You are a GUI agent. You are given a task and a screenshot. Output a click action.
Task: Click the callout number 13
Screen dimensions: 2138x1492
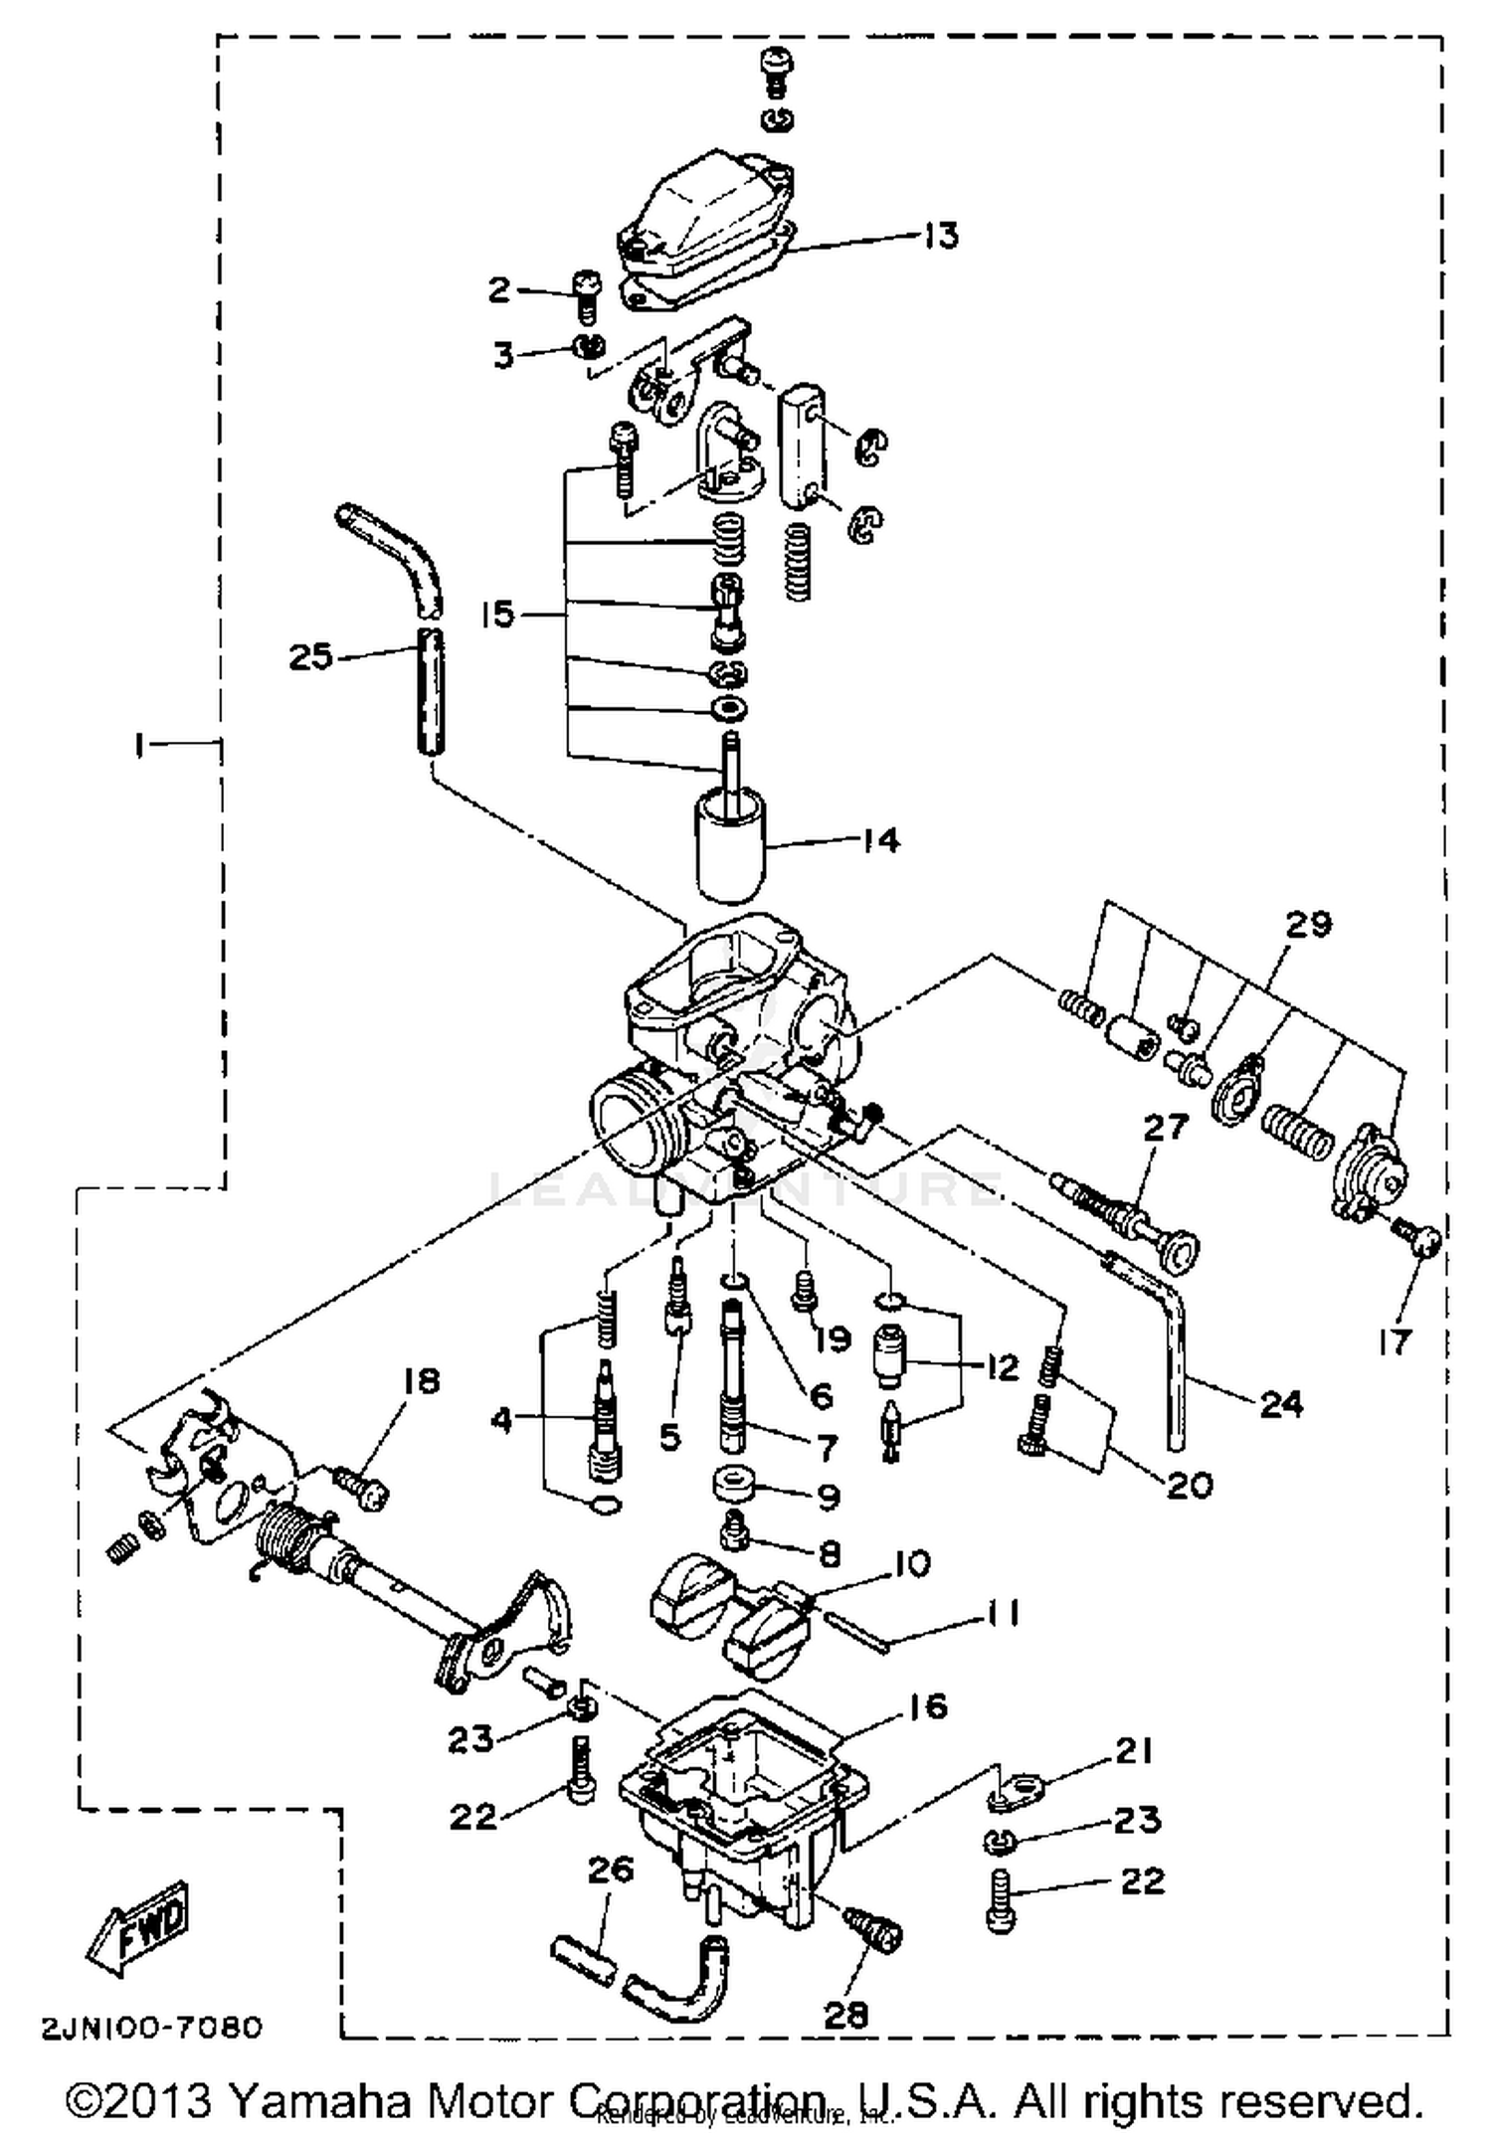[940, 236]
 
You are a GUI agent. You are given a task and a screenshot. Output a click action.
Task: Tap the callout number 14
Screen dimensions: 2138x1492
[881, 840]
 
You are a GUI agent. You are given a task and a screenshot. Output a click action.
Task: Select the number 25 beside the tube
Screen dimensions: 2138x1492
[310, 656]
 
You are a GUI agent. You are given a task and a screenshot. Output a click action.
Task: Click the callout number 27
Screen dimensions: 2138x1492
[1166, 1127]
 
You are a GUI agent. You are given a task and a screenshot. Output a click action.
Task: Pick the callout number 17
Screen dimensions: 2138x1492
[1395, 1342]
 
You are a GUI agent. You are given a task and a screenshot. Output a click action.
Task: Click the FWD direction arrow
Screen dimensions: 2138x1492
[139, 1929]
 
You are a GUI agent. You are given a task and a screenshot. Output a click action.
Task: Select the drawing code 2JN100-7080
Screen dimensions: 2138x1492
[152, 2027]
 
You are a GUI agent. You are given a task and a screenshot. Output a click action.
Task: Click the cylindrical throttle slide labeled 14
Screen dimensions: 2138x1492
[729, 850]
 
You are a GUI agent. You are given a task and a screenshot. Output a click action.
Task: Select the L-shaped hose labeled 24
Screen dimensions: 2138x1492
[1174, 1362]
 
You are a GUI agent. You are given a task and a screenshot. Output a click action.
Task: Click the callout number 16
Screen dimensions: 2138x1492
[927, 1706]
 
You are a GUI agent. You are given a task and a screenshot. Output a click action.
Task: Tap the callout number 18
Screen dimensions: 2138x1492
[421, 1380]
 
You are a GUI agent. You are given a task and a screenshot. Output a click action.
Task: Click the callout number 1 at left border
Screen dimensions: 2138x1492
[140, 744]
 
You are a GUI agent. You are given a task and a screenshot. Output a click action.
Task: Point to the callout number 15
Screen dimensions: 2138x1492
[497, 614]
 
